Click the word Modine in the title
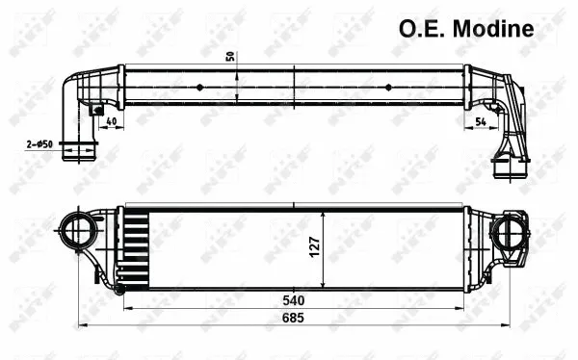[490, 28]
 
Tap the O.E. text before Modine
[420, 28]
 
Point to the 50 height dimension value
[230, 55]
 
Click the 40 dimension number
[112, 122]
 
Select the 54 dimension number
[481, 122]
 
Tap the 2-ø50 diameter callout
[39, 144]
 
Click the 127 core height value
[313, 247]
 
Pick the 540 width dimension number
[295, 299]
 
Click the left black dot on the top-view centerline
[199, 86]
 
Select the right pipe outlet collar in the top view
[507, 169]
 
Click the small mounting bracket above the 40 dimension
[96, 110]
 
